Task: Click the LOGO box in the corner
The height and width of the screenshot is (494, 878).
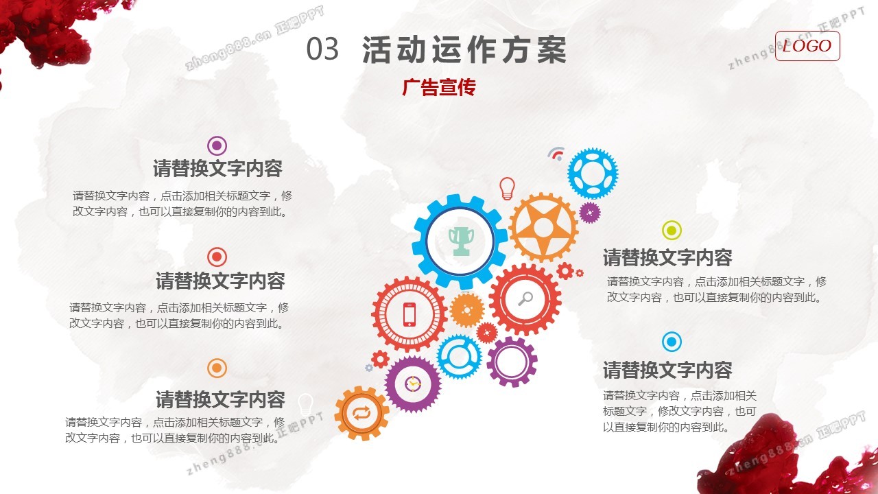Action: tap(807, 46)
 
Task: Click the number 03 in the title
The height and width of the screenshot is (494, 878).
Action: tap(322, 49)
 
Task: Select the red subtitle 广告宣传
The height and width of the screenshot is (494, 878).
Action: tap(439, 87)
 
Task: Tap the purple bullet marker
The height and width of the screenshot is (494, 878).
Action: tap(217, 146)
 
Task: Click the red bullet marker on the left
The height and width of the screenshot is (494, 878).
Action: tap(217, 257)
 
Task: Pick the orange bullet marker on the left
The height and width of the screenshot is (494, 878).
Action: tap(217, 368)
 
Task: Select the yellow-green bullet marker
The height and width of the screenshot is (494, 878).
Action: tap(672, 230)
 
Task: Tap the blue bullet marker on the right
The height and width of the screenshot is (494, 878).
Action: tap(672, 342)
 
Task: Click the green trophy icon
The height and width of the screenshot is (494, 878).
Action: tap(461, 241)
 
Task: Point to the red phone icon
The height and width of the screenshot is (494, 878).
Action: tap(410, 314)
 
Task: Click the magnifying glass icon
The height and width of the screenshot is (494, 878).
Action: tap(525, 298)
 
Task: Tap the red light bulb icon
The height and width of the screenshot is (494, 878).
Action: tap(507, 188)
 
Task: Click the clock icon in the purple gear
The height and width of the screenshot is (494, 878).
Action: tap(412, 384)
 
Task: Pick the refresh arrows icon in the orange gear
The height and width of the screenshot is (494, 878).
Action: tap(361, 413)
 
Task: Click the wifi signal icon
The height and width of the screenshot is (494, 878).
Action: tap(556, 154)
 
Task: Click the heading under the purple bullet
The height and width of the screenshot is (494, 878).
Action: tap(217, 169)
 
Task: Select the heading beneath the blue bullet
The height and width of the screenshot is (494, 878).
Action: tap(667, 370)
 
